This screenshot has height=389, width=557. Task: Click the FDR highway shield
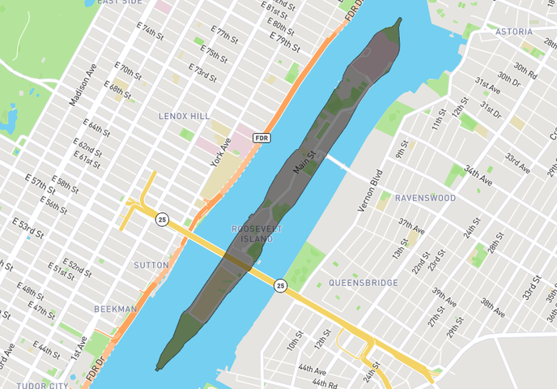click(x=261, y=138)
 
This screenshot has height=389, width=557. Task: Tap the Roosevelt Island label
click(x=257, y=233)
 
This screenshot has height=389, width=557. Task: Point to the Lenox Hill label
click(x=184, y=116)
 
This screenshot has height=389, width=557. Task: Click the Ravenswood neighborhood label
click(x=425, y=198)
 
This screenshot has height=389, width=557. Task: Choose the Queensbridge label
click(x=364, y=283)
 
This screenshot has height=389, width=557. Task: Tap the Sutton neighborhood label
click(x=151, y=265)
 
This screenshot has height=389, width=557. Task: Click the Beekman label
click(x=115, y=309)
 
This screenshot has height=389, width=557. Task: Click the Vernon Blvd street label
click(x=370, y=191)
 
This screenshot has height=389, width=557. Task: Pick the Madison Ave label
click(x=83, y=84)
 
